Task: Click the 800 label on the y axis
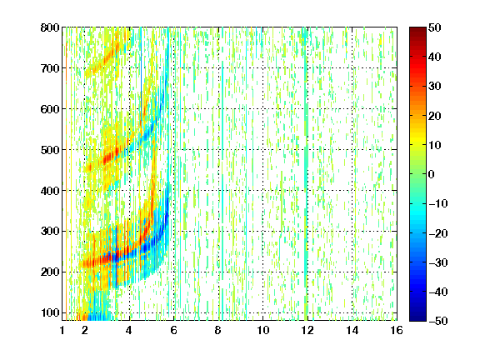tap(50, 27)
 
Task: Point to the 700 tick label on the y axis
tap(50, 68)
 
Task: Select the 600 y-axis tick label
tap(50, 109)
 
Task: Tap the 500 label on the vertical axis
tap(50, 150)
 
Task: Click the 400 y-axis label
tap(50, 191)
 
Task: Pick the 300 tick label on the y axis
tap(50, 232)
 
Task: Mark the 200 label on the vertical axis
tap(50, 272)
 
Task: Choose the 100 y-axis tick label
tap(50, 312)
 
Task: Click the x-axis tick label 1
tap(62, 330)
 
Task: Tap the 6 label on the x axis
tap(173, 330)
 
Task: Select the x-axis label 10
tap(262, 330)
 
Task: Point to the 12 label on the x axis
tap(307, 330)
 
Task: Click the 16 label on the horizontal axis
tap(397, 330)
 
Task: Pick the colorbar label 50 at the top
tap(435, 27)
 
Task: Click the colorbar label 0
tap(432, 174)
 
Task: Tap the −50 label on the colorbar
tap(438, 321)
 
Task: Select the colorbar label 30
tap(435, 87)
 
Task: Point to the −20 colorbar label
tap(438, 233)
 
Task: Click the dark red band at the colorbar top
tap(417, 33)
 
